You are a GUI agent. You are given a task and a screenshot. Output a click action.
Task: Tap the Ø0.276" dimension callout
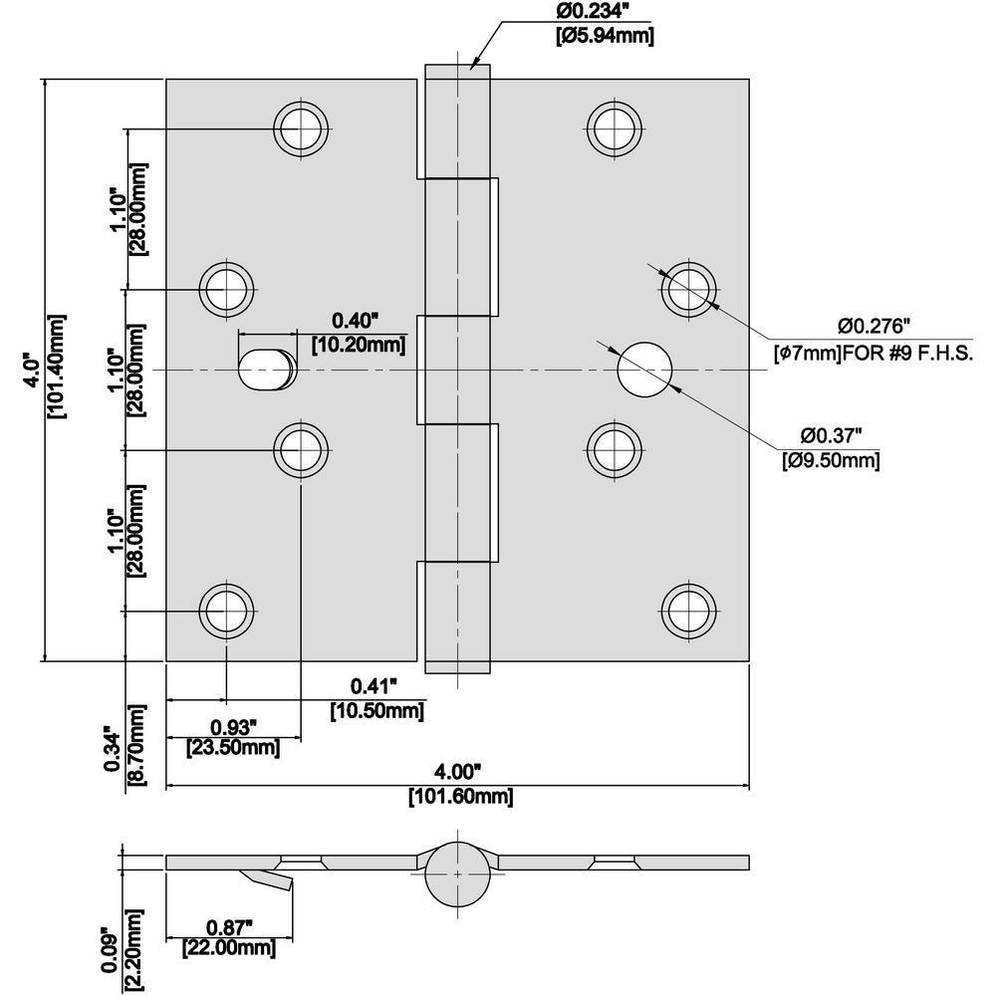(874, 326)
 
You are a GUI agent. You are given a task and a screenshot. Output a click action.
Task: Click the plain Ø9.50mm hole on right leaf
(644, 370)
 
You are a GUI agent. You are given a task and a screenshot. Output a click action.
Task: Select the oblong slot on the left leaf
(266, 370)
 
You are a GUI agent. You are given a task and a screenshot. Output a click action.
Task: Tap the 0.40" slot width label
(357, 321)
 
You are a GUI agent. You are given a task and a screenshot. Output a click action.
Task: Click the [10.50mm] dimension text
(376, 710)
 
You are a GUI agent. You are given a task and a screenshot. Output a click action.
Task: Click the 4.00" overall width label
(458, 771)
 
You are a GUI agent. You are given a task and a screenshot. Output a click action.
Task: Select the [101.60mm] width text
(460, 797)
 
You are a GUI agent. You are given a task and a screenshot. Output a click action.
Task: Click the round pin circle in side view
(457, 873)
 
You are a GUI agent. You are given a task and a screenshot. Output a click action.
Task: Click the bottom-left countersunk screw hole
(227, 609)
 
